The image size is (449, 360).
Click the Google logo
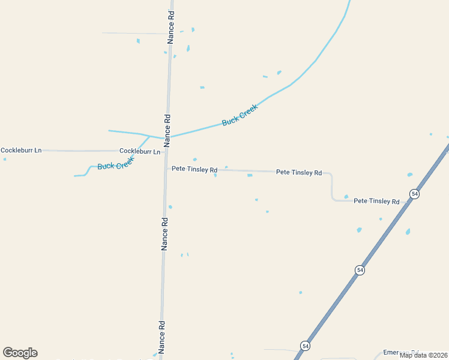tap(20, 353)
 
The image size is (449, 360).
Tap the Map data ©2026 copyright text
tap(423, 355)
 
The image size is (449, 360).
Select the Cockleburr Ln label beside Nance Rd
tap(140, 151)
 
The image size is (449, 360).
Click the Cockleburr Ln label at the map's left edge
tap(21, 150)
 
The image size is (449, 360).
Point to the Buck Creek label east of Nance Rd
tap(240, 115)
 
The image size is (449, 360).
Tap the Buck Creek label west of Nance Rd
tap(115, 163)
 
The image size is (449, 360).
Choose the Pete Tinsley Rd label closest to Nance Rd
tap(194, 170)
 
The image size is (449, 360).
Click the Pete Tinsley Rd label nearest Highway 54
tap(376, 201)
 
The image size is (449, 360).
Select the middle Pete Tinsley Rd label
tap(299, 172)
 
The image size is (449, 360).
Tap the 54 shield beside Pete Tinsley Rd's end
tap(414, 194)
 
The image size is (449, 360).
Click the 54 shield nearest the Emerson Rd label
tap(306, 346)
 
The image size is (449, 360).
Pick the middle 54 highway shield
tap(360, 270)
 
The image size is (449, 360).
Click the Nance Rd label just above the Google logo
tap(161, 337)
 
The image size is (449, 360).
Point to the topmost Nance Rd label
tap(171, 27)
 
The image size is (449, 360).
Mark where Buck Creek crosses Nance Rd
tap(167, 138)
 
